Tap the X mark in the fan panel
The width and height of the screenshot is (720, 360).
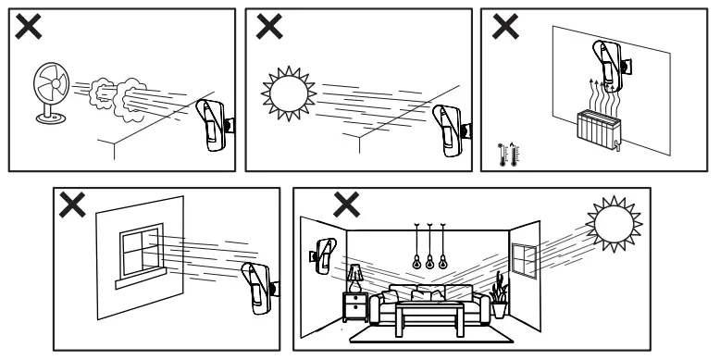(29, 28)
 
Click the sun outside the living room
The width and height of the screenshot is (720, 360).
(612, 223)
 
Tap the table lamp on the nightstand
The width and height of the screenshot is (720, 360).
(354, 277)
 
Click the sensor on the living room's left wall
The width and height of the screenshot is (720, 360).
(323, 256)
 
